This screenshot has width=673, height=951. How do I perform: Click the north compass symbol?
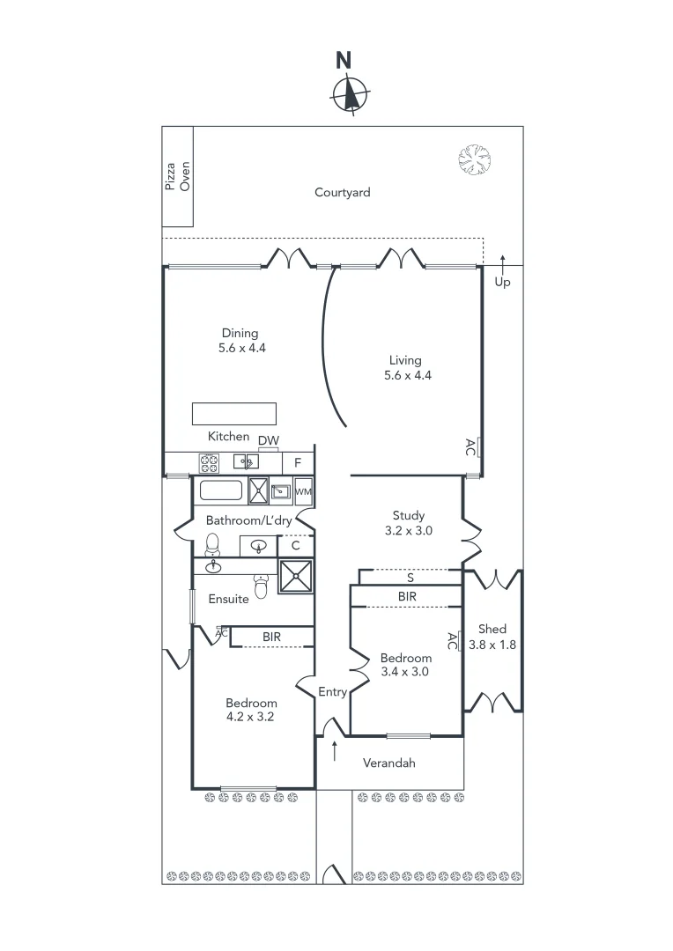point(351,93)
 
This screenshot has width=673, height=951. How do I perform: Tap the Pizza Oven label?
point(178,175)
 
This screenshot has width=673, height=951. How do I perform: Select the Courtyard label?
point(343,192)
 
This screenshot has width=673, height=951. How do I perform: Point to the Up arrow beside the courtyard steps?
point(502,262)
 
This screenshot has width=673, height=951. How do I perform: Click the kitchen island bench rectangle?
point(235,414)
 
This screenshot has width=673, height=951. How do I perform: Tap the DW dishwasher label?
point(269,440)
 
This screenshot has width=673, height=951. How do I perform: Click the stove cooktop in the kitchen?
point(210,461)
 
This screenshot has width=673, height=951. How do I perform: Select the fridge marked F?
point(298,462)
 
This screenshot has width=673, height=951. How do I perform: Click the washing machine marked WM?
point(302,490)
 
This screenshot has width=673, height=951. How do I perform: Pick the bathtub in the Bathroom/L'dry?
point(221,490)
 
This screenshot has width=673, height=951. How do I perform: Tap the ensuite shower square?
point(295,577)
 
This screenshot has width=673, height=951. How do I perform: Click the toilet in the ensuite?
point(261,583)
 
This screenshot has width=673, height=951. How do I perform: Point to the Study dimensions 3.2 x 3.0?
point(408,531)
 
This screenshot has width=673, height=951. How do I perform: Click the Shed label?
point(492,629)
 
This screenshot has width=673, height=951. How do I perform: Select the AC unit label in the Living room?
point(471,446)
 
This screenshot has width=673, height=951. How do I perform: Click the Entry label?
point(332,692)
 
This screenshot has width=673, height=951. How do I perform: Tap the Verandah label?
point(388,763)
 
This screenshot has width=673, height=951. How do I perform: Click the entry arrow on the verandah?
point(335,750)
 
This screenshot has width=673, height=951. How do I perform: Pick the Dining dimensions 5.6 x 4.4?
point(242,348)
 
